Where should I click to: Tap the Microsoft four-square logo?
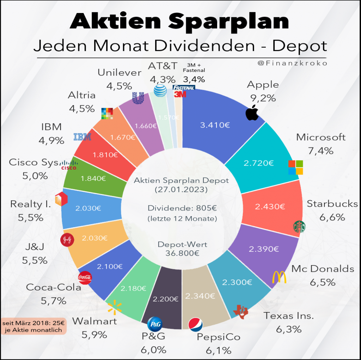pyautogui.click(x=295, y=167)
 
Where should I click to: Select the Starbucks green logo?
pyautogui.click(x=300, y=227)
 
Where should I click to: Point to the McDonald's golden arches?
pyautogui.click(x=280, y=277)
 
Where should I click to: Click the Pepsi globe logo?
pyautogui.click(x=196, y=324)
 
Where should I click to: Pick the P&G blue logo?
pyautogui.click(x=155, y=323)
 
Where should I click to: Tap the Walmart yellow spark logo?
pyautogui.click(x=114, y=308)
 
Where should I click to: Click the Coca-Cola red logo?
pyautogui.click(x=85, y=277)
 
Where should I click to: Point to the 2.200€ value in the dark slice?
pyautogui.click(x=165, y=299)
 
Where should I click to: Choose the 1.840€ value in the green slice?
pyautogui.click(x=93, y=179)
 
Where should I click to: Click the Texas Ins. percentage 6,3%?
pyautogui.click(x=289, y=330)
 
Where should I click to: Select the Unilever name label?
pyautogui.click(x=120, y=73)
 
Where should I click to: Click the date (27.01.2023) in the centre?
pyautogui.click(x=181, y=190)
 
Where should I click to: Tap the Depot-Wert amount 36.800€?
pyautogui.click(x=182, y=252)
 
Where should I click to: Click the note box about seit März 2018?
pyautogui.click(x=34, y=326)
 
